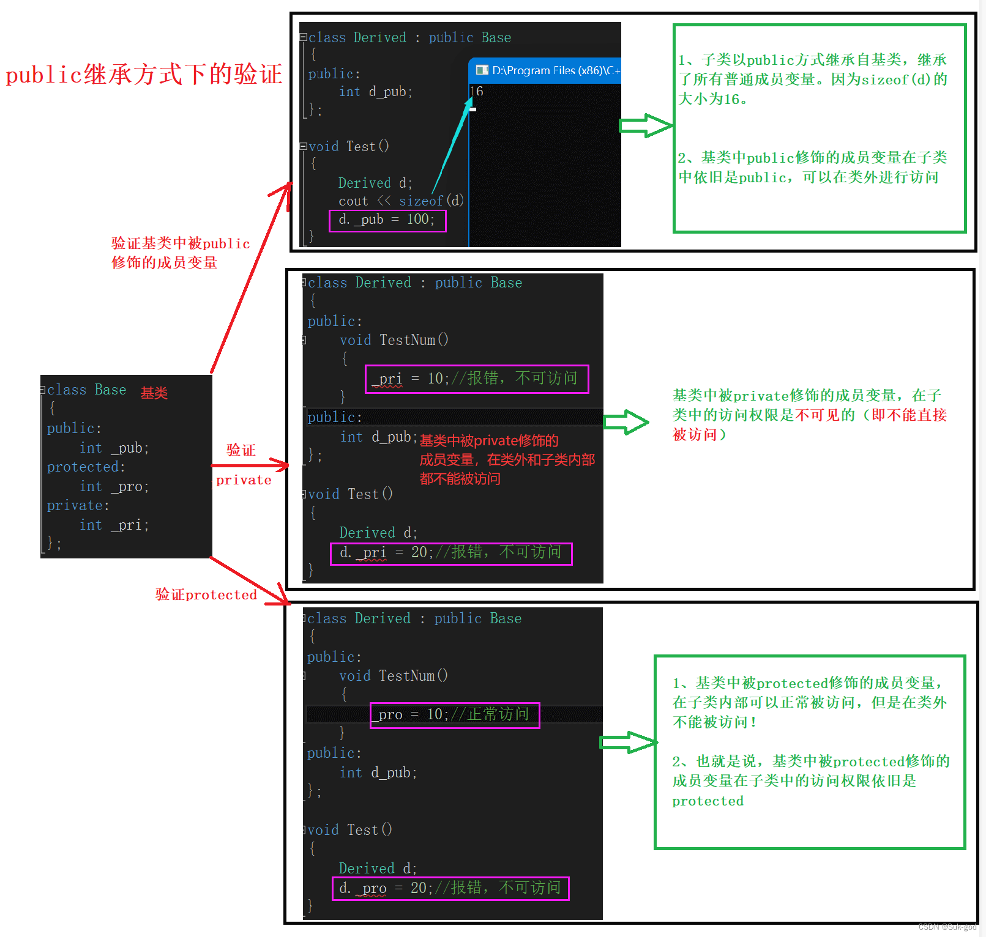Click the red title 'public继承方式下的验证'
pyautogui.click(x=144, y=75)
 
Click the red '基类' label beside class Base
pyautogui.click(x=154, y=393)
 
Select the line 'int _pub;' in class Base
pyautogui.click(x=114, y=448)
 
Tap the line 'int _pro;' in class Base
pyautogui.click(x=114, y=486)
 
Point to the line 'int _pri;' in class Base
pyautogui.click(x=114, y=525)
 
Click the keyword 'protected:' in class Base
pyautogui.click(x=86, y=467)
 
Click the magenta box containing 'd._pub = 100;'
pyautogui.click(x=387, y=220)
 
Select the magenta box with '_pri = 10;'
pyautogui.click(x=477, y=379)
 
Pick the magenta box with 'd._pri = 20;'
pyautogui.click(x=451, y=554)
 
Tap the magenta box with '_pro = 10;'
pyautogui.click(x=455, y=715)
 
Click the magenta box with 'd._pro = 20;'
pyautogui.click(x=450, y=889)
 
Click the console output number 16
pyautogui.click(x=477, y=92)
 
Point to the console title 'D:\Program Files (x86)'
pyautogui.click(x=554, y=70)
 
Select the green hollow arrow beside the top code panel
pyautogui.click(x=646, y=125)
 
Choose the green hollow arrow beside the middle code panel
pyautogui.click(x=626, y=422)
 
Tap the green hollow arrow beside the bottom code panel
pyautogui.click(x=628, y=743)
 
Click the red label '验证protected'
pyautogui.click(x=206, y=594)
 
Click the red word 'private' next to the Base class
pyautogui.click(x=244, y=480)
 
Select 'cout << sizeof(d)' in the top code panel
pyautogui.click(x=401, y=201)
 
